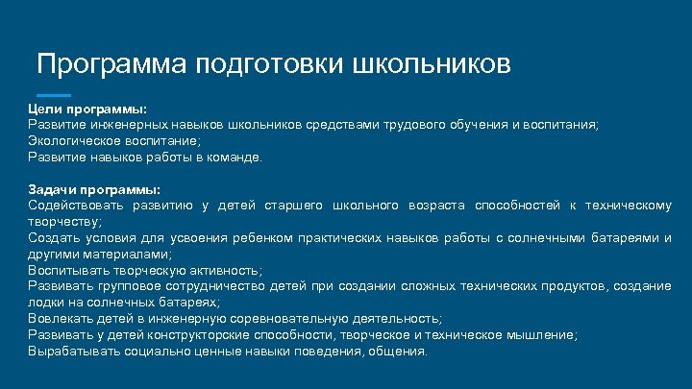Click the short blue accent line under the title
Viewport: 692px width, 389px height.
pyautogui.click(x=54, y=96)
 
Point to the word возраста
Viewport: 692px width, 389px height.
pyautogui.click(x=439, y=206)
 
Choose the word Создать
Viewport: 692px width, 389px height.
pyautogui.click(x=54, y=238)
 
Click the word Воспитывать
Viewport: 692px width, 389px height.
pyautogui.click(x=68, y=271)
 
